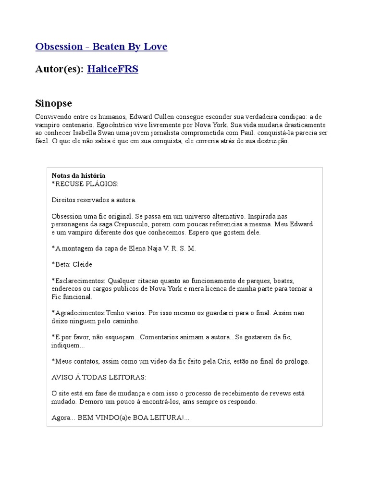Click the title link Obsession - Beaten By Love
pos(101,47)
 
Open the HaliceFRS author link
pos(112,69)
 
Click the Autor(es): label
pos(59,69)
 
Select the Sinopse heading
pos(53,103)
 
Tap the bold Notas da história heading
pos(78,176)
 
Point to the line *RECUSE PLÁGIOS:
pos(85,184)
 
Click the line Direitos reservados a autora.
pos(94,200)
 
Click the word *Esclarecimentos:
pos(78,281)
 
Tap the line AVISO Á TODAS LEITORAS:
pos(98,377)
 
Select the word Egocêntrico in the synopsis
pos(95,125)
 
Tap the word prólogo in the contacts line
pos(296,361)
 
